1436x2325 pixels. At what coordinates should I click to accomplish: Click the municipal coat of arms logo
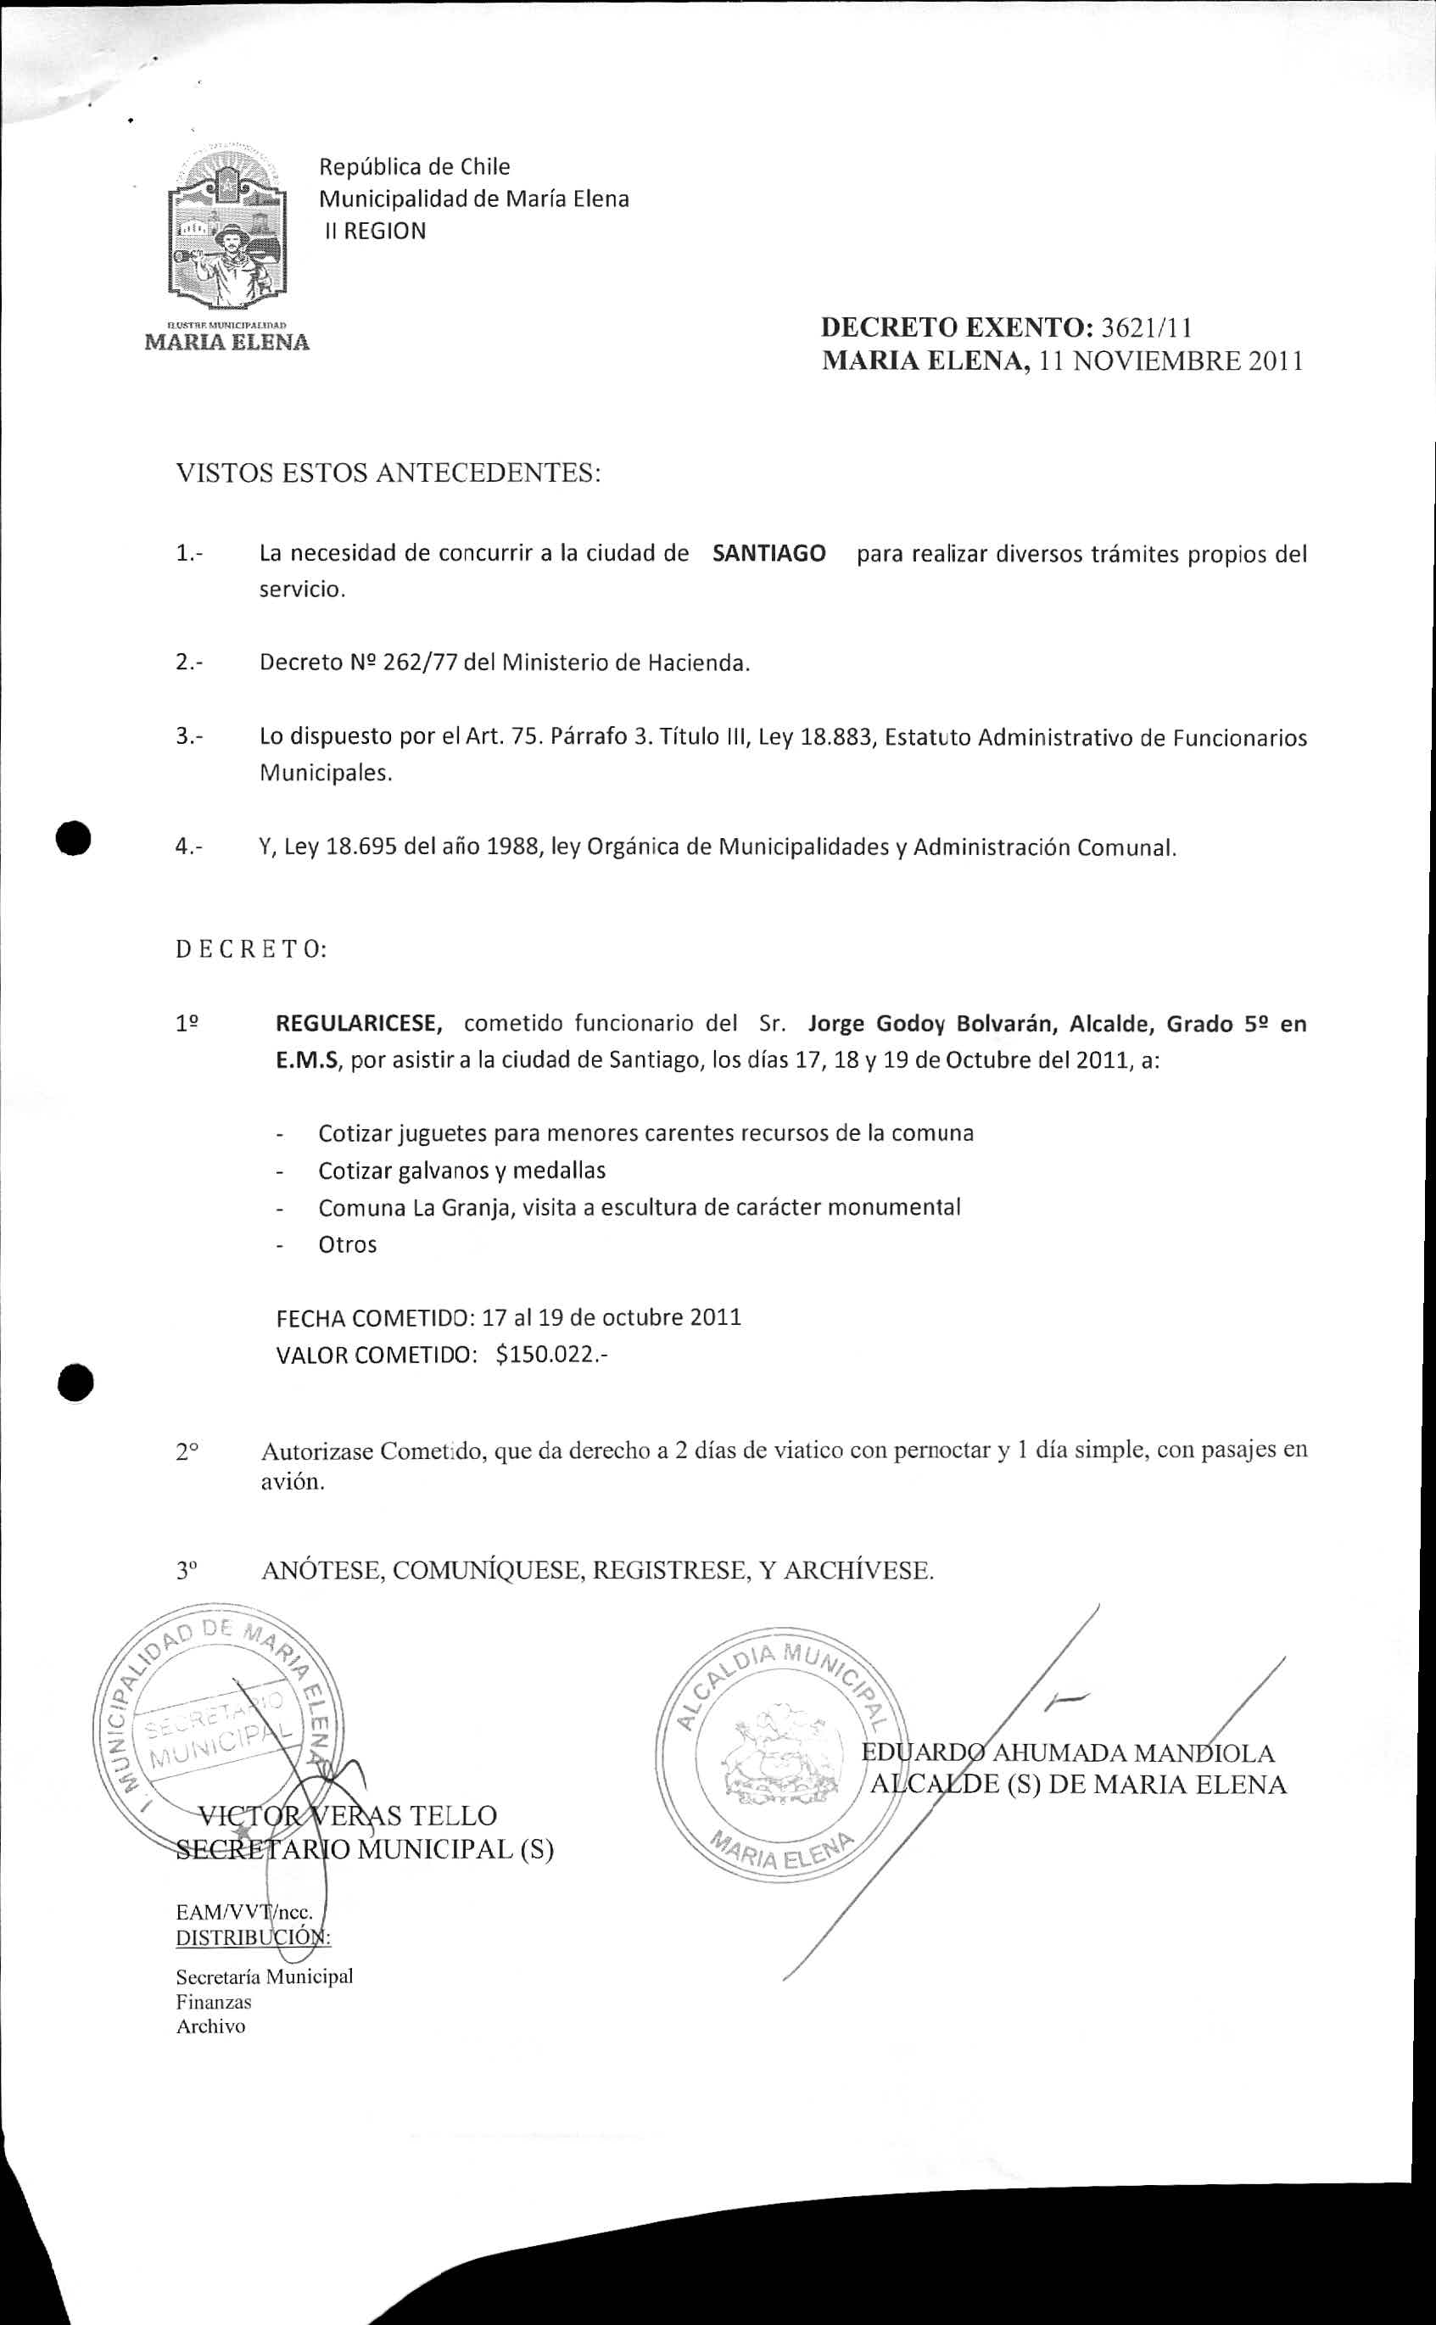click(x=227, y=232)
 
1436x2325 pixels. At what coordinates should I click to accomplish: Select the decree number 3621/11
click(x=1144, y=327)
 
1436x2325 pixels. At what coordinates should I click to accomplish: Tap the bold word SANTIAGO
click(x=768, y=553)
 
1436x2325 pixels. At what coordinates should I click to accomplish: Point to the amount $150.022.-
click(x=550, y=1354)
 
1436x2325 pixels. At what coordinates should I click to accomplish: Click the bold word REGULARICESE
click(x=358, y=1023)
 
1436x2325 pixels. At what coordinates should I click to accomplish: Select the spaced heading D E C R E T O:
click(x=251, y=949)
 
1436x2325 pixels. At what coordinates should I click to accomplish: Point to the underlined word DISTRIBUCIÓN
click(x=252, y=1936)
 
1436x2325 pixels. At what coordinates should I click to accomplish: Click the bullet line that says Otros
click(x=348, y=1244)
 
